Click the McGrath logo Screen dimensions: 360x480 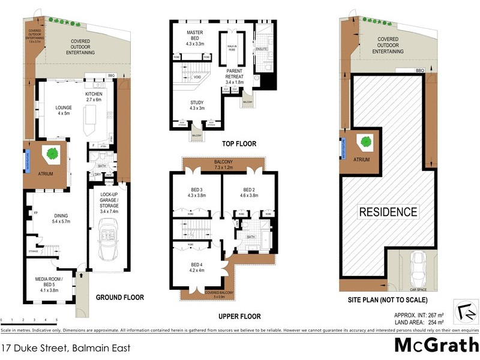point(436,344)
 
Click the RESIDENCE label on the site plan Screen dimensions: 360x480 point(388,212)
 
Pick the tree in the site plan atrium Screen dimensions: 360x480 point(365,142)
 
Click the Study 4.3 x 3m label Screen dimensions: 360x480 point(197,106)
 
